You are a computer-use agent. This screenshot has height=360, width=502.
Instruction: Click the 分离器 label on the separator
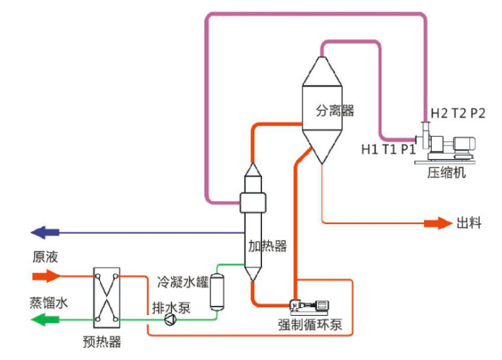(x=335, y=111)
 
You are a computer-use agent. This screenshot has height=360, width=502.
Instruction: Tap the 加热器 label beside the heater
(x=267, y=245)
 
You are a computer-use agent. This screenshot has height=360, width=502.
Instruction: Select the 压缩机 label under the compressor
(x=447, y=172)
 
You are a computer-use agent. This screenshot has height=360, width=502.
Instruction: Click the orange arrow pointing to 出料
(x=438, y=223)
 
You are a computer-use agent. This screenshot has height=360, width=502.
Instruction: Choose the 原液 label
(x=44, y=256)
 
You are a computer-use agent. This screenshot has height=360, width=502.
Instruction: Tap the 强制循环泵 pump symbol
(x=310, y=306)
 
